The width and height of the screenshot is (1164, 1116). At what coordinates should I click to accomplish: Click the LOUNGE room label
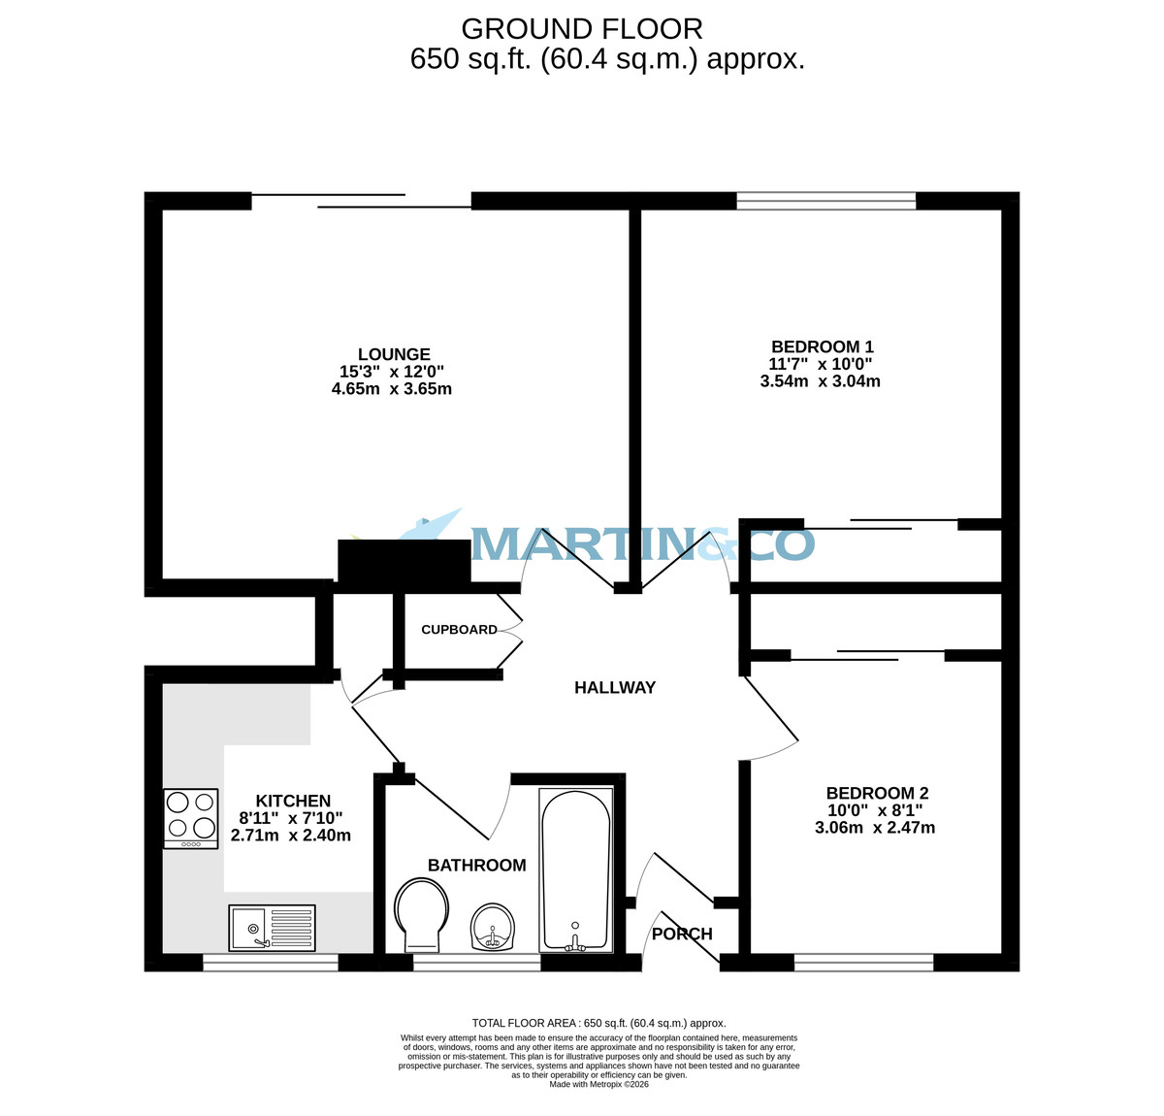[x=393, y=354]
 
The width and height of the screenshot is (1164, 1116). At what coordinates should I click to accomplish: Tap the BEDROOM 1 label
[x=822, y=346]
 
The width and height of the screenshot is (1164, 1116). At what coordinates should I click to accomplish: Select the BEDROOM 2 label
[x=877, y=793]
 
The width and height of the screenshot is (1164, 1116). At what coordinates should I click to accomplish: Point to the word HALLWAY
[x=615, y=688]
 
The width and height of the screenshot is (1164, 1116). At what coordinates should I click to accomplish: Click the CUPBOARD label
[x=459, y=630]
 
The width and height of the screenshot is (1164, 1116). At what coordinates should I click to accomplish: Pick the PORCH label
[x=682, y=935]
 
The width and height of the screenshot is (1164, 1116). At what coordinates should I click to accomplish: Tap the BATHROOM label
[x=477, y=865]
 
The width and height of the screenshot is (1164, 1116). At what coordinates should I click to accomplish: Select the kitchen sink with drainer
[x=273, y=928]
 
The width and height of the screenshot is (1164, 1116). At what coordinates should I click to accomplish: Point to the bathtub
[x=575, y=869]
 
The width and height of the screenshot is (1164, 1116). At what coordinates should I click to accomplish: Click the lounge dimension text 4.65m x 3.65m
[x=392, y=389]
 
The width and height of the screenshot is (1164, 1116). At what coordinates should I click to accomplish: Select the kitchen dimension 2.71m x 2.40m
[x=291, y=835]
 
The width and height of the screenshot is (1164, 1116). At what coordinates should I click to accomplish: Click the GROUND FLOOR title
[x=582, y=29]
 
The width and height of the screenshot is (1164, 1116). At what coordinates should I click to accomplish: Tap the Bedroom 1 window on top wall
[x=826, y=201]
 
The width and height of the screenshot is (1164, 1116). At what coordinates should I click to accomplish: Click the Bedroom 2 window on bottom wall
[x=863, y=963]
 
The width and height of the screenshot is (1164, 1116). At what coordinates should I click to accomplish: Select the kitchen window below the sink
[x=271, y=963]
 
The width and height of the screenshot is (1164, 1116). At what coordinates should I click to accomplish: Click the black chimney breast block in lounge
[x=404, y=562]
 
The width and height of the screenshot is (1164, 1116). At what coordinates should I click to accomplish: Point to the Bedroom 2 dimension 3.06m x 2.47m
[x=875, y=828]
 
